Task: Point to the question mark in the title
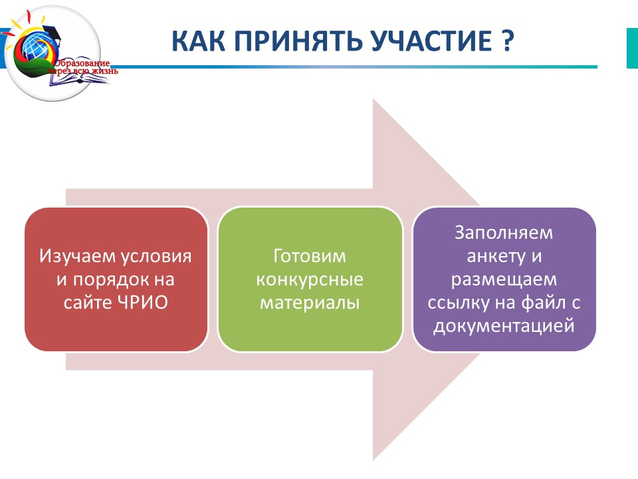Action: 507,41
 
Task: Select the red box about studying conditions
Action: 116,279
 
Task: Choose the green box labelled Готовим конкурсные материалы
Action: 310,279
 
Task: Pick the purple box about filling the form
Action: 504,279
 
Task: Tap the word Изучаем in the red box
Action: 77,257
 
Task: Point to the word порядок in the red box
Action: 111,280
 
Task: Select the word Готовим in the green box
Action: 310,256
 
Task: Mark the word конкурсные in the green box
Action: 310,280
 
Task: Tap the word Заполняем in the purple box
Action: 504,233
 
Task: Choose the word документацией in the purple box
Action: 504,327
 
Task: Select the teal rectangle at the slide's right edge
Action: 632,49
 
